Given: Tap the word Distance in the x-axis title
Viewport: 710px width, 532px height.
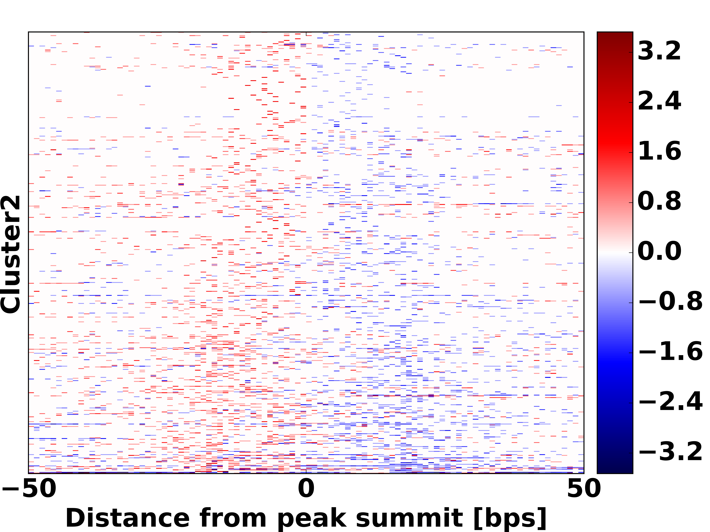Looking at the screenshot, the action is (x=127, y=518).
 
